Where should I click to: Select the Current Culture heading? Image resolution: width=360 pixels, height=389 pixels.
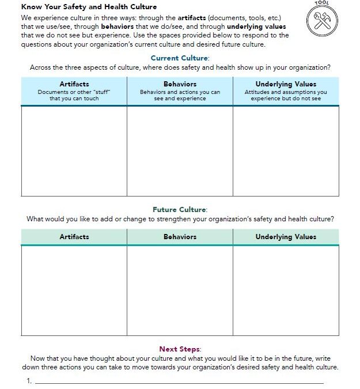(180, 58)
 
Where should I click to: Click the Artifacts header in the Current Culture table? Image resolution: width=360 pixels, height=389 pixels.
(74, 84)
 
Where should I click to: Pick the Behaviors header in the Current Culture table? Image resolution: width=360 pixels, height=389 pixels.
(180, 84)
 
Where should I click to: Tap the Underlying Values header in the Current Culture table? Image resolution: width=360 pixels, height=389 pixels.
(286, 84)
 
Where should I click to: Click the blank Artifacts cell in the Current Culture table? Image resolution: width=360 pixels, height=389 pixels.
(74, 151)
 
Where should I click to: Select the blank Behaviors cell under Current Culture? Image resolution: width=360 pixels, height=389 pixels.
(180, 151)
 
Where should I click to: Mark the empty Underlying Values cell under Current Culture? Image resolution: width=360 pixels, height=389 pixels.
(286, 151)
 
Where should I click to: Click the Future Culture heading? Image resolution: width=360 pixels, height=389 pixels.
(180, 210)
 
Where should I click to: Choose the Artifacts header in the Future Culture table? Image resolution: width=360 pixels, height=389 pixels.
(74, 237)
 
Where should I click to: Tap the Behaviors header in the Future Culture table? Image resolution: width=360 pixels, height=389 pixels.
(180, 237)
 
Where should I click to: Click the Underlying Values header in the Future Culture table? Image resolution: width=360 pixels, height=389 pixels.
(286, 237)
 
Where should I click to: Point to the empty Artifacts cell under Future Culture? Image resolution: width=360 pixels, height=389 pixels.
(74, 290)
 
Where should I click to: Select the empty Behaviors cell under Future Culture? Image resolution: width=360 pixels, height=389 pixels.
(180, 290)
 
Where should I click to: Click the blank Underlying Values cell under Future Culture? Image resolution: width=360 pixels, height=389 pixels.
(286, 290)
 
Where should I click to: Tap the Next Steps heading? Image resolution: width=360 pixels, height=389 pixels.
(180, 349)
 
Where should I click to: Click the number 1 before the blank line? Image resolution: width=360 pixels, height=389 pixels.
(28, 381)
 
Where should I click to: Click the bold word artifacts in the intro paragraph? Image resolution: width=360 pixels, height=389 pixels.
(180, 18)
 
